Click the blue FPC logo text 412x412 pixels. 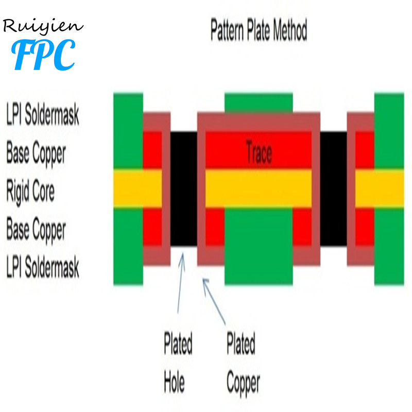tap(43, 55)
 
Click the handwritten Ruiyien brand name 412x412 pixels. tap(43, 26)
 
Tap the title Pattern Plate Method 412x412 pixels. tap(259, 29)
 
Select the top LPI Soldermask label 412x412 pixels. tap(43, 114)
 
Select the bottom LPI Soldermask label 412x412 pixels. tap(43, 267)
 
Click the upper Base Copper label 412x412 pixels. tap(36, 153)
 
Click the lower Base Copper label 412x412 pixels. tap(36, 230)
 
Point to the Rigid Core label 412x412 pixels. tap(30, 191)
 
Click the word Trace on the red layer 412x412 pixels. tap(259, 152)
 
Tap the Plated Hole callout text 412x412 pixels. tap(178, 362)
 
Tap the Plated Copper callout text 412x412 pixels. tap(243, 364)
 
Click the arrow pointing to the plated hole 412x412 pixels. tap(181, 283)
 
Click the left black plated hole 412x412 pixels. tap(184, 189)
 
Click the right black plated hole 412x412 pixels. tap(333, 189)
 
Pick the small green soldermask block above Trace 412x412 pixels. tap(259, 102)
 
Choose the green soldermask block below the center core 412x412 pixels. tap(259, 247)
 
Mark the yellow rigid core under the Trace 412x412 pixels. tap(259, 188)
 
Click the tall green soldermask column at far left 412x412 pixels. tap(128, 188)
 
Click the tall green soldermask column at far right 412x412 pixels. tap(389, 188)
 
